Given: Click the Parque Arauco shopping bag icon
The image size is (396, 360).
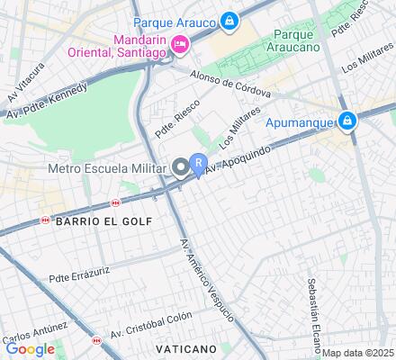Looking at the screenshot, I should click(x=230, y=20).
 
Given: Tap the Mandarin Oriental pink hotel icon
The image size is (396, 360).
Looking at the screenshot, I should click(x=181, y=44).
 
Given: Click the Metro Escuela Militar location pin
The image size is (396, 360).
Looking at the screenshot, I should click(x=182, y=167).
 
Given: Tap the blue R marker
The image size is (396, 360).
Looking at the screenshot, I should click(x=199, y=163).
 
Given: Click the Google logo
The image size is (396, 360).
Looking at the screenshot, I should click(x=30, y=349).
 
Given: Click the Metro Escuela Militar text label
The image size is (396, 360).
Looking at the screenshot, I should click(x=105, y=168).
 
